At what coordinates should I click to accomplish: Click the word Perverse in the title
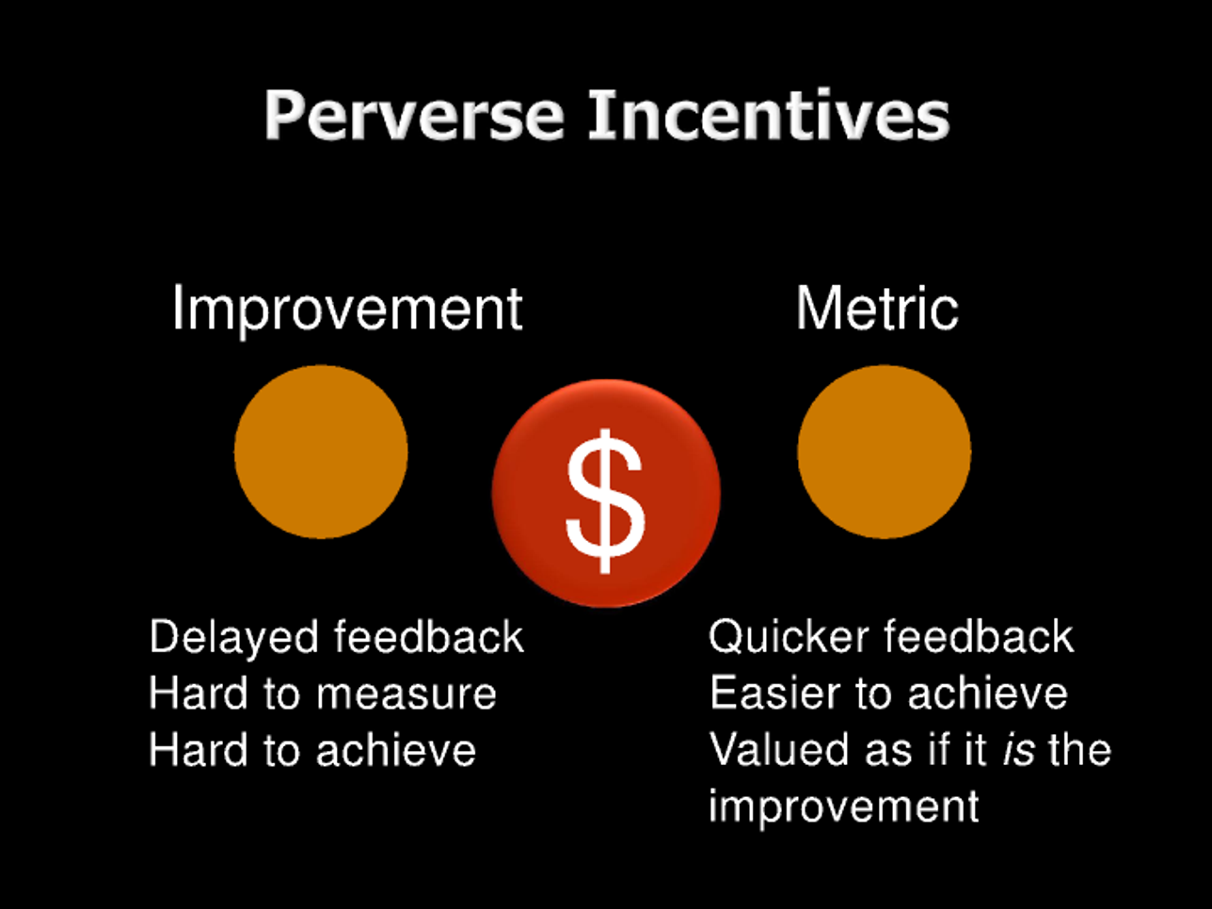point(414,115)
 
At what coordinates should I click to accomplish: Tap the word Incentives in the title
point(769,114)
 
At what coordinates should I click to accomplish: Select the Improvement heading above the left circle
point(347,310)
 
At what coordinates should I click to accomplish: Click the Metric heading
point(877,308)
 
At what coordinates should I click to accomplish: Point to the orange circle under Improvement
point(321,452)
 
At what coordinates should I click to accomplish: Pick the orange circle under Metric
point(884,452)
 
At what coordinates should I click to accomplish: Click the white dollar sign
point(606,501)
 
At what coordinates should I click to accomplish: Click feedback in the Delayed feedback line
point(428,636)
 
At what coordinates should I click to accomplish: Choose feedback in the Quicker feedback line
point(980,636)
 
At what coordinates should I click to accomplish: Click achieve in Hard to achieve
point(395,749)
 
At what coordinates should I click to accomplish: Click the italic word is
point(1018,749)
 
